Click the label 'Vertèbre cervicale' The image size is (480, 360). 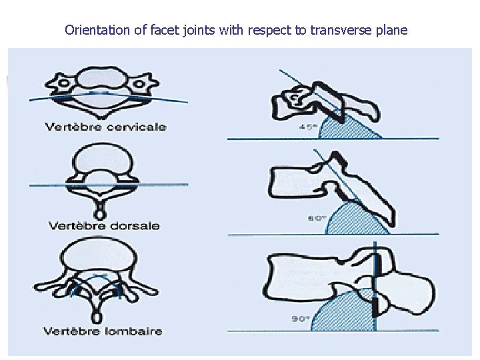pyautogui.click(x=106, y=127)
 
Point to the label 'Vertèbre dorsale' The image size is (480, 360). pyautogui.click(x=105, y=225)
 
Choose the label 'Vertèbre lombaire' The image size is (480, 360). pyautogui.click(x=103, y=331)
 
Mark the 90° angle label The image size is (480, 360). pyautogui.click(x=299, y=319)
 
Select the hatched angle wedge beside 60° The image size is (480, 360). pyautogui.click(x=357, y=219)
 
